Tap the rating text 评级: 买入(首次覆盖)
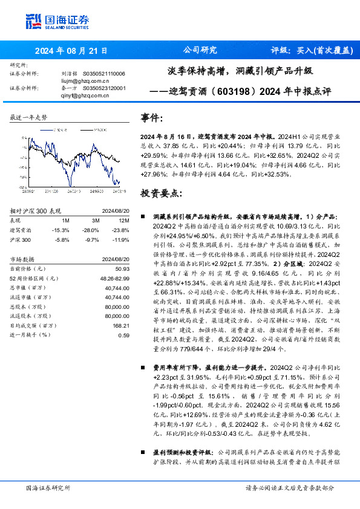click(x=306, y=51)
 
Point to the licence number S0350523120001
click(x=103, y=87)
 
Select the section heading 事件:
click(x=152, y=117)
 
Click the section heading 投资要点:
click(x=160, y=193)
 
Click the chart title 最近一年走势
click(x=29, y=117)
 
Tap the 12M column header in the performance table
click(x=123, y=220)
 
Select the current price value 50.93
click(x=122, y=268)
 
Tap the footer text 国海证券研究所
click(x=48, y=488)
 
